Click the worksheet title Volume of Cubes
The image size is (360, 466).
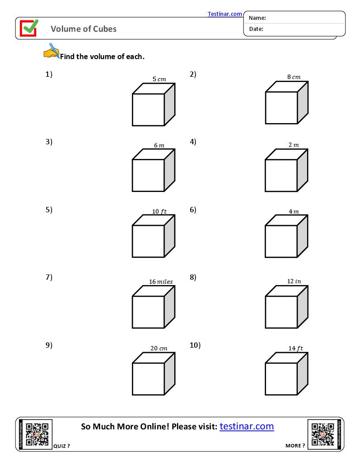[84, 29]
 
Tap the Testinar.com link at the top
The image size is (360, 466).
[225, 14]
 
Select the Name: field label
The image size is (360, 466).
[257, 18]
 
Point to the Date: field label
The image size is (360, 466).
[256, 29]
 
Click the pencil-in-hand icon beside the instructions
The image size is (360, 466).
[52, 51]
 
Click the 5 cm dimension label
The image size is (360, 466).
[159, 79]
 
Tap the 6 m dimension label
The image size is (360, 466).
[159, 145]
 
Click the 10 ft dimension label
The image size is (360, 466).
[159, 211]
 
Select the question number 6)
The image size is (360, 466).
[193, 210]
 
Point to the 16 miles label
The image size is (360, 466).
[161, 282]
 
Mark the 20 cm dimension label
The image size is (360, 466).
[159, 348]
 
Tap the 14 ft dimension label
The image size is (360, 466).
[296, 348]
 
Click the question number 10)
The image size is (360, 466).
[195, 345]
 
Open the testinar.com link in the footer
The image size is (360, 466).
[247, 426]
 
